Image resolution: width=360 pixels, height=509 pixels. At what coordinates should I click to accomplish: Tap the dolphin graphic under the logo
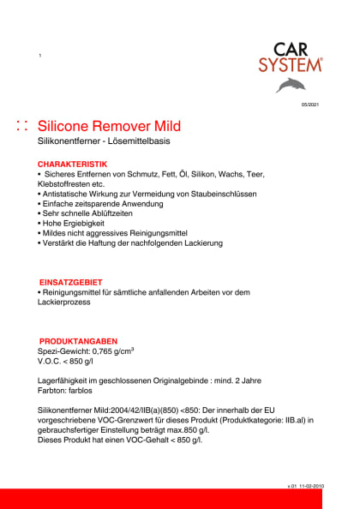point(290,84)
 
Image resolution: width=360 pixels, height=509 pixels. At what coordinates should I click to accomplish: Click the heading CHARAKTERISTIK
point(72,163)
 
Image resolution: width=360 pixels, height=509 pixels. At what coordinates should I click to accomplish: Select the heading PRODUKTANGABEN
point(78,341)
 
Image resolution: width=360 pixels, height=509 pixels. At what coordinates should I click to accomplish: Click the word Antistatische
point(70,195)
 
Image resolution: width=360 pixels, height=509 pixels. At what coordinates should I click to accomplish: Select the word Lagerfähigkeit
point(70,377)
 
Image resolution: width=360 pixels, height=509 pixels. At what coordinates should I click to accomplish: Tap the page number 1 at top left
point(39,57)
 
